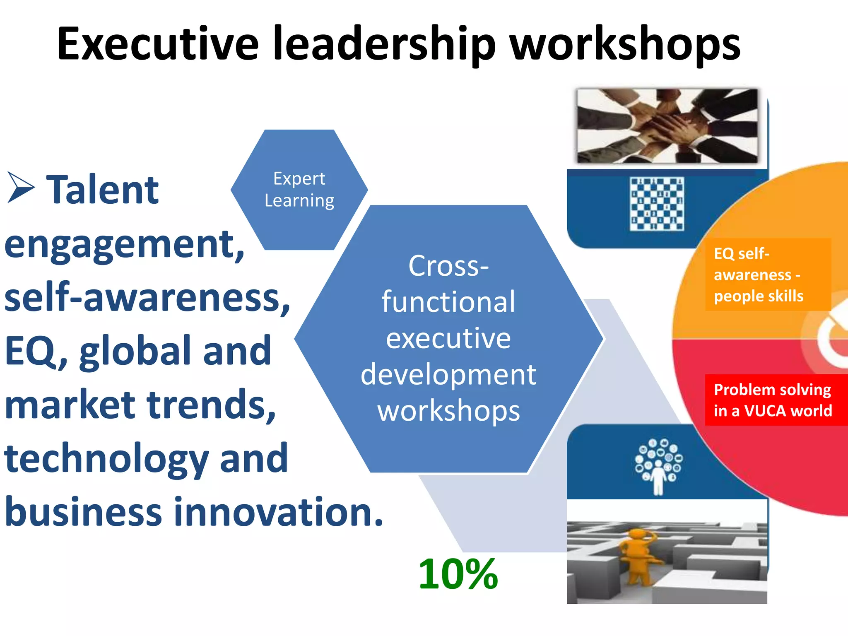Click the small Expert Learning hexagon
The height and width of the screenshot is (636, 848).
[299, 190]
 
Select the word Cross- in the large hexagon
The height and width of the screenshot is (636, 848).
[448, 266]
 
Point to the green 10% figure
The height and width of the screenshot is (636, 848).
[458, 574]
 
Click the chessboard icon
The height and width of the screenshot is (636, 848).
[657, 204]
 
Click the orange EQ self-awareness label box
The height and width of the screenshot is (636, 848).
[768, 275]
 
